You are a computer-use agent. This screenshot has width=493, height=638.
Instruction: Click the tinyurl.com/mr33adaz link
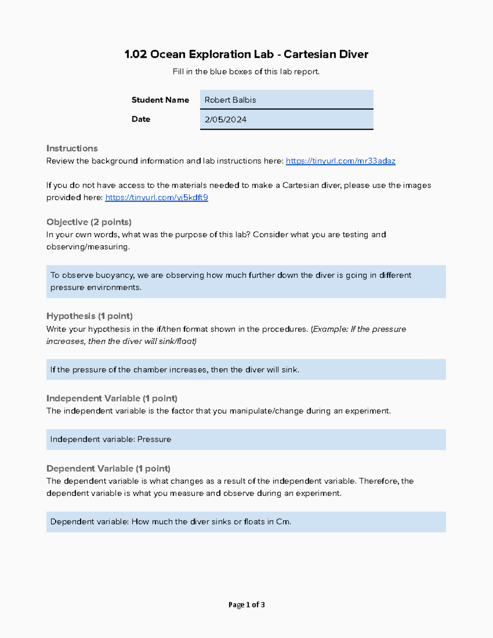340,161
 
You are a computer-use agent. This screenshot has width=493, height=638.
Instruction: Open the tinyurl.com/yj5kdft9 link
157,198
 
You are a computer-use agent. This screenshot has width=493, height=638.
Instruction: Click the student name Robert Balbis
230,100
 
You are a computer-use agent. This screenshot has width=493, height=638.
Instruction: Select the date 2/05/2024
226,120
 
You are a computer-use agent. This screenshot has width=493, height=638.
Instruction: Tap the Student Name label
160,100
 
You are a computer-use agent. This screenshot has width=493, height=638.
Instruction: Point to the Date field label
141,119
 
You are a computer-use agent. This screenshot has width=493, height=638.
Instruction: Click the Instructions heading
72,148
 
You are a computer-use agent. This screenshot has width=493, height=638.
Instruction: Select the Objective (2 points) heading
89,222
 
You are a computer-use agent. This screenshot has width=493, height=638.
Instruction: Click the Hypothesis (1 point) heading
89,316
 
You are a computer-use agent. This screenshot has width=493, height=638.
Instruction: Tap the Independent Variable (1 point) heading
112,398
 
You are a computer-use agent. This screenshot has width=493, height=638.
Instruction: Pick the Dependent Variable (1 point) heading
108,469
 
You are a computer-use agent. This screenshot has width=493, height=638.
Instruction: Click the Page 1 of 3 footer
246,605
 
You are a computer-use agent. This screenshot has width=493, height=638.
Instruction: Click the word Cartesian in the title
308,54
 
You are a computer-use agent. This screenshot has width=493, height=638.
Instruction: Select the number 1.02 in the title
136,54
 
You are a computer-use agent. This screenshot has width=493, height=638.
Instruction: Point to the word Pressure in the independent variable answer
154,440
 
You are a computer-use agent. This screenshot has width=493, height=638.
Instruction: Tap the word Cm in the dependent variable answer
283,522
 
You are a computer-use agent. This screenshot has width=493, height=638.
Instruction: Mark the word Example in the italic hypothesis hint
329,329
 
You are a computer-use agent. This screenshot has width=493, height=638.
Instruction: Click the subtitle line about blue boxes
246,72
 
